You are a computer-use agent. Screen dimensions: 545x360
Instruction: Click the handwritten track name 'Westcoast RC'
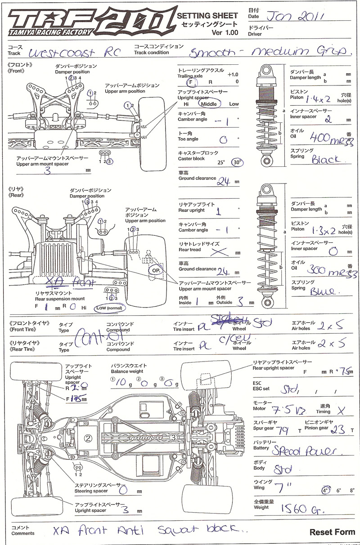74,53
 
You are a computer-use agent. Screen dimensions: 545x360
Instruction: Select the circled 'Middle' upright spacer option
209,104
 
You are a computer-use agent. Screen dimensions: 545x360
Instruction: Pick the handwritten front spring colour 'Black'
327,159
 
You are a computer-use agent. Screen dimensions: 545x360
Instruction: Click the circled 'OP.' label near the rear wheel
156,271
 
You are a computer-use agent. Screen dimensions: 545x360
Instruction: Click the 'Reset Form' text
332,532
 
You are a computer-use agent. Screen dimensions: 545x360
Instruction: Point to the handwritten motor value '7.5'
283,410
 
